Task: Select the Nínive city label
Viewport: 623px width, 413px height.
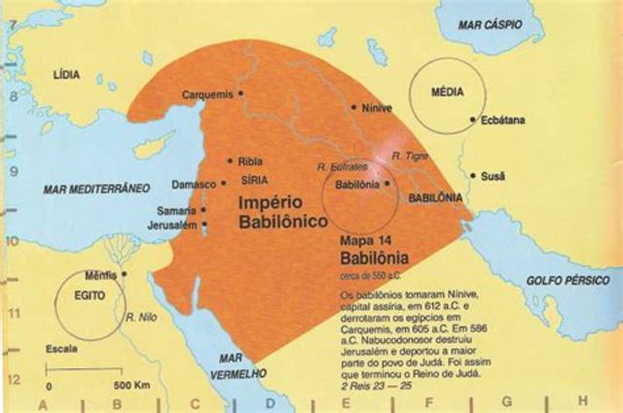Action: pos(376,109)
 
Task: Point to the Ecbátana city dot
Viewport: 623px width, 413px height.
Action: pos(472,120)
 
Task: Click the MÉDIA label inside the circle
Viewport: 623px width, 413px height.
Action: pos(449,91)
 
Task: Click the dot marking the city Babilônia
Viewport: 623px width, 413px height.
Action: pos(386,182)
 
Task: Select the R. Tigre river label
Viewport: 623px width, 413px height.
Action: pos(407,156)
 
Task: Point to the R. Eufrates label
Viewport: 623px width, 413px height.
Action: pos(341,168)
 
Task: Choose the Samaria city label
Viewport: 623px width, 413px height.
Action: pos(176,211)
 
